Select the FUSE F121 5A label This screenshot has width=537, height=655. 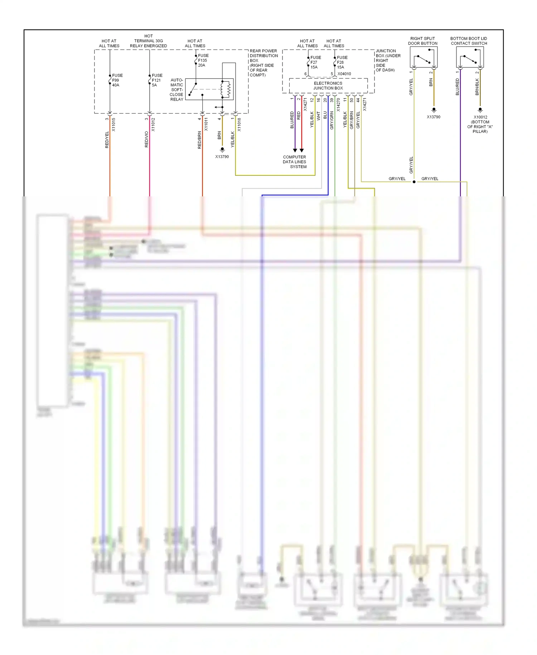(157, 80)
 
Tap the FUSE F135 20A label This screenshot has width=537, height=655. (203, 60)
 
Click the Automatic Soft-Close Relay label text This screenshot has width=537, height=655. (177, 90)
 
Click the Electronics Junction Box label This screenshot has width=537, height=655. (328, 86)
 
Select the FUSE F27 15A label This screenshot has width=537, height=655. (315, 62)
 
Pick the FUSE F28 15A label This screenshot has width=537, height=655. (342, 62)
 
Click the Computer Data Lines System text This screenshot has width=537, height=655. (295, 162)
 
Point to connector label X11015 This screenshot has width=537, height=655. (113, 125)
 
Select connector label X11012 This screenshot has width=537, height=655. (153, 125)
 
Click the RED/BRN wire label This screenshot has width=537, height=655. (199, 140)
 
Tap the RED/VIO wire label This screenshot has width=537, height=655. (146, 139)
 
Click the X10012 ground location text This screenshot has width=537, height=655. (480, 124)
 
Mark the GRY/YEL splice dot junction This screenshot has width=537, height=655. (414, 182)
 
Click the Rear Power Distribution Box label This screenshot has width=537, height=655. (263, 63)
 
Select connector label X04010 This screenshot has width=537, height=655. (344, 74)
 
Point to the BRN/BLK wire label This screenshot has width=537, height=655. (477, 87)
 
